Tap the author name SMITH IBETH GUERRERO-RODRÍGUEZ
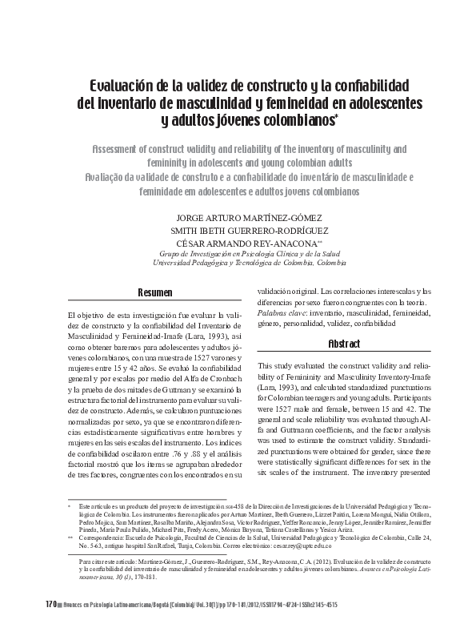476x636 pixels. [x=238, y=230]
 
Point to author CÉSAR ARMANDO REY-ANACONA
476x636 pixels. [x=234, y=243]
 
